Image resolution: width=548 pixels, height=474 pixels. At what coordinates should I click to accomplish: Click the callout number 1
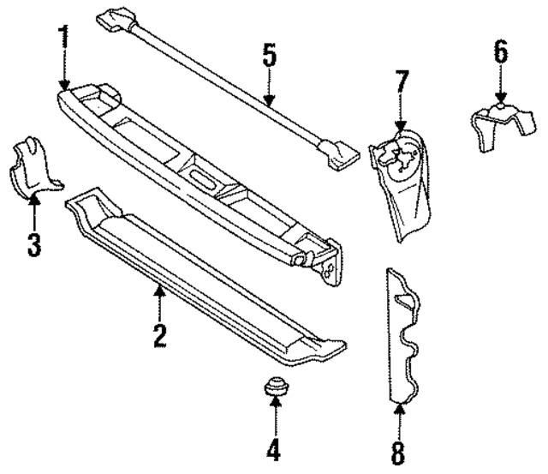point(63,38)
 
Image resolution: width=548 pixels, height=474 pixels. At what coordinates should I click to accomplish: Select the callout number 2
point(159,333)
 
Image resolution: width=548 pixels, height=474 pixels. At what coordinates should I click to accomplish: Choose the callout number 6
point(500,52)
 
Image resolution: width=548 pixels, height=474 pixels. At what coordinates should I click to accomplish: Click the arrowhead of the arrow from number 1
point(64,85)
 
